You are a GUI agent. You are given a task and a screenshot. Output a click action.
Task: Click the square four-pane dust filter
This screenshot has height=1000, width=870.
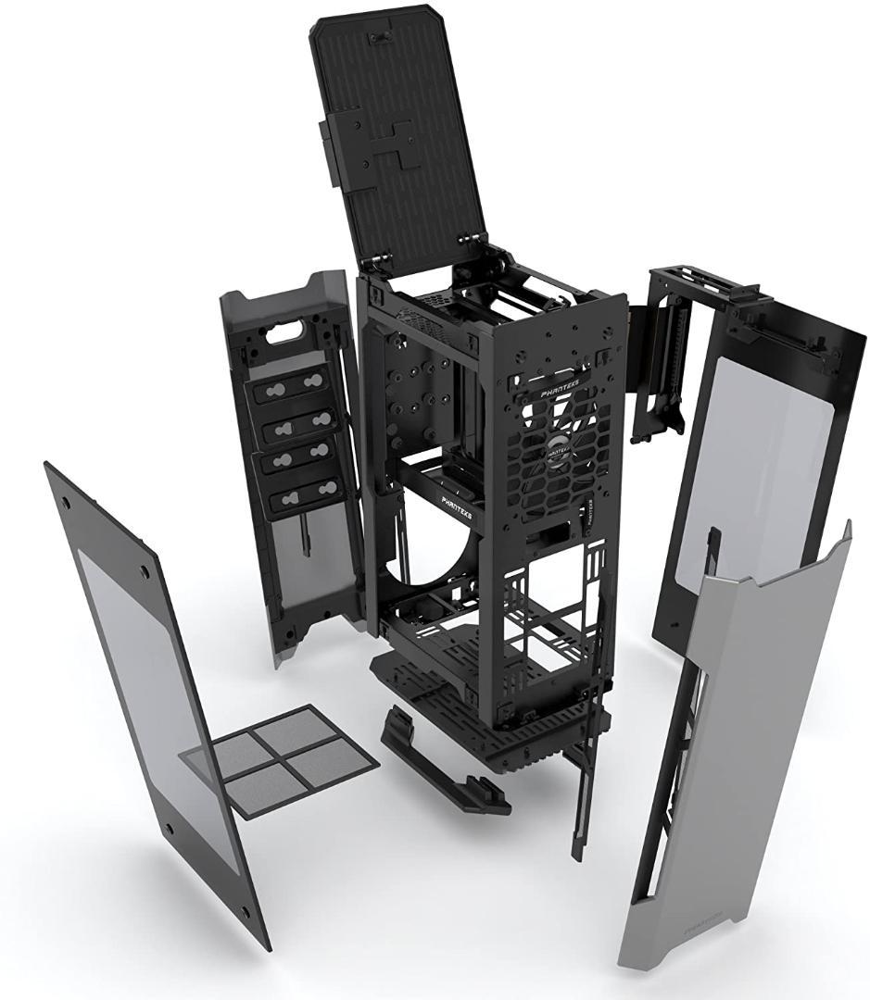tap(279, 760)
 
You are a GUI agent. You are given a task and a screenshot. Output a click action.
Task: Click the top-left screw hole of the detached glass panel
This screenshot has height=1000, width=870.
tap(68, 501)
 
